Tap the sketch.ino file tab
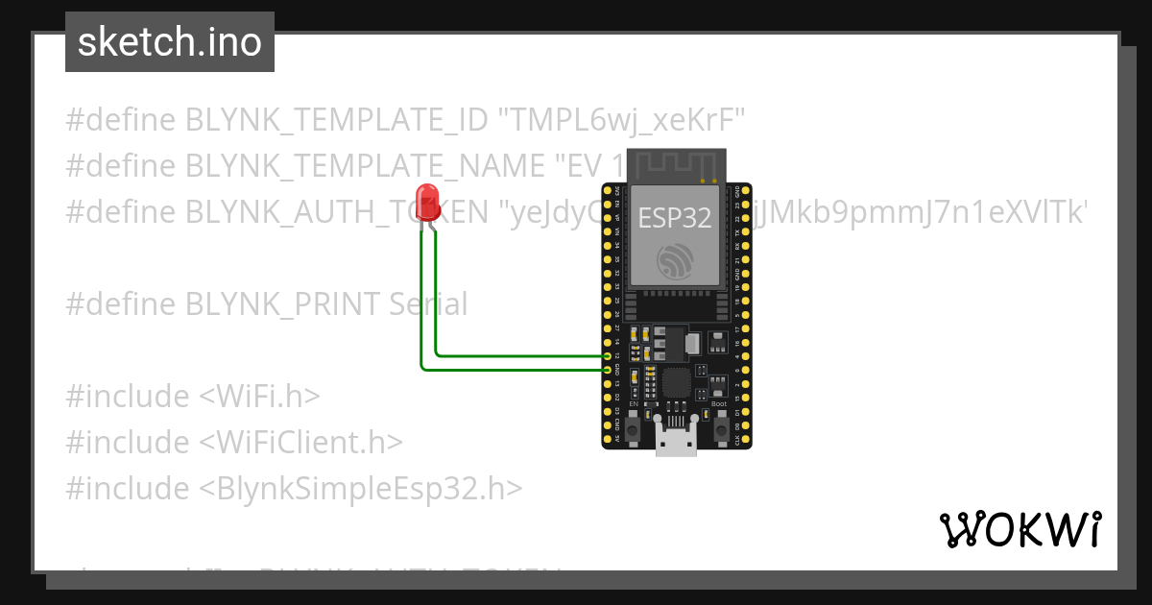tap(170, 42)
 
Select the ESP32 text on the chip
tap(676, 218)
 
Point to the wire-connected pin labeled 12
tap(607, 355)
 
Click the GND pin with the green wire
tap(607, 369)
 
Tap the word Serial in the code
tap(428, 304)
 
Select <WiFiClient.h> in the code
tap(300, 442)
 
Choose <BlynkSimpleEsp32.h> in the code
tap(361, 488)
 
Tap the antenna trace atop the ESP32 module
tap(676, 165)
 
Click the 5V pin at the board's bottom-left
tap(607, 438)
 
